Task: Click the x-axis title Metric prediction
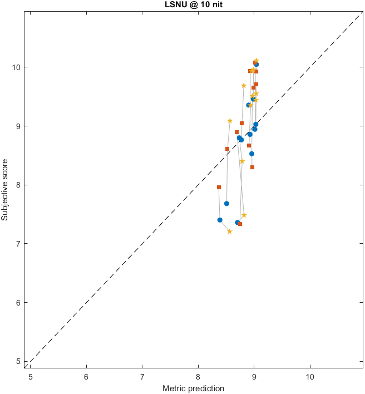(x=193, y=388)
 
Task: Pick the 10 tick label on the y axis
(x=17, y=67)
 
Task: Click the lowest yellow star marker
(x=229, y=232)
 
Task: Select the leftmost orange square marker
(x=219, y=187)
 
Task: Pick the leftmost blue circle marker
(x=220, y=220)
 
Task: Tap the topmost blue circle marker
(x=256, y=65)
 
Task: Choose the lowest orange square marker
(x=240, y=224)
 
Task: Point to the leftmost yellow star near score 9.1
(x=230, y=121)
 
